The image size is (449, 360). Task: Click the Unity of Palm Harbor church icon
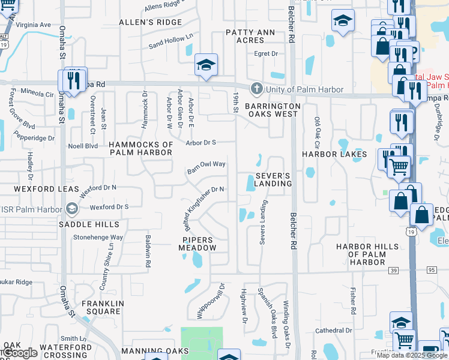pyautogui.click(x=256, y=89)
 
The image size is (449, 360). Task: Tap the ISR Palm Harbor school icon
pyautogui.click(x=71, y=208)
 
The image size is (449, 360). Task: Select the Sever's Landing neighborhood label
pyautogui.click(x=273, y=179)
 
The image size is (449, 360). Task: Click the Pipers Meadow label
pyautogui.click(x=198, y=244)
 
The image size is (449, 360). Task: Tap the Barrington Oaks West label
pyautogui.click(x=271, y=109)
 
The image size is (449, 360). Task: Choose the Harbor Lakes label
pyautogui.click(x=334, y=154)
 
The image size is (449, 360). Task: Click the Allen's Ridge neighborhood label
pyautogui.click(x=150, y=22)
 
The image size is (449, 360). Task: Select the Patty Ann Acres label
pyautogui.click(x=250, y=36)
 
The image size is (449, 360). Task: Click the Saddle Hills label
pyautogui.click(x=89, y=224)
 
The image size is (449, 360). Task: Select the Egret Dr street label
pyautogui.click(x=267, y=54)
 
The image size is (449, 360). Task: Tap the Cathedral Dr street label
pyautogui.click(x=333, y=331)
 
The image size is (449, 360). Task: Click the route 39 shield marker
pyautogui.click(x=393, y=271)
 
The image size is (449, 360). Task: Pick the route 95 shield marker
pyautogui.click(x=432, y=271)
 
